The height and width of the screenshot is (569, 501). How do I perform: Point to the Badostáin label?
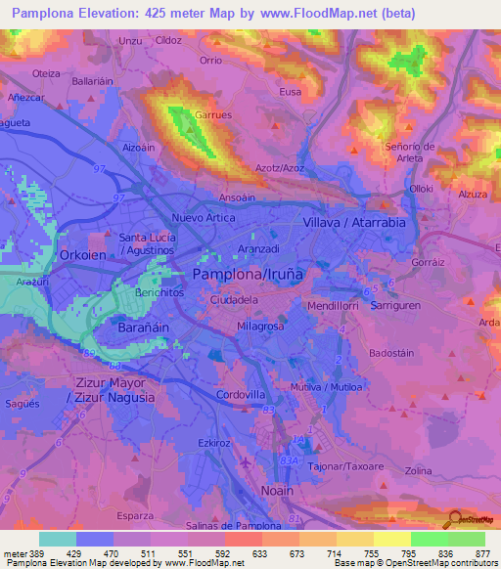tap(393, 353)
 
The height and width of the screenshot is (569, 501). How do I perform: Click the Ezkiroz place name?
tap(213, 442)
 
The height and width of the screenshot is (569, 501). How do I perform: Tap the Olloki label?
tap(422, 188)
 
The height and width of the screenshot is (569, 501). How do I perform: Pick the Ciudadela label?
tap(235, 301)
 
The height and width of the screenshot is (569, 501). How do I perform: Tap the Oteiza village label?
tap(46, 73)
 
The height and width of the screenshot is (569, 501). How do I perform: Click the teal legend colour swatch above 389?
tap(58, 539)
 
